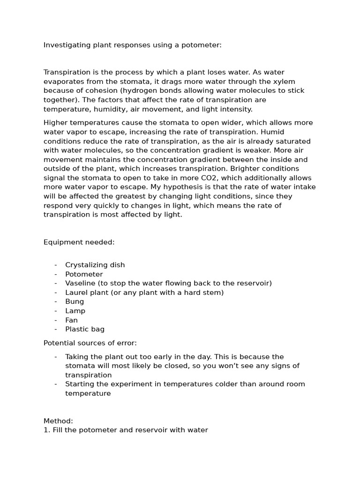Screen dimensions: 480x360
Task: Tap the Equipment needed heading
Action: (x=79, y=242)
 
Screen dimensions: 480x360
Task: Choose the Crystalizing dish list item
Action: (x=95, y=265)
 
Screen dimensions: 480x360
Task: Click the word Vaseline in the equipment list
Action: (x=81, y=283)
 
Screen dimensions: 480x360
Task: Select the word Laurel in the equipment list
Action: (x=76, y=292)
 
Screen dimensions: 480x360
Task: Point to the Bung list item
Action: (x=75, y=301)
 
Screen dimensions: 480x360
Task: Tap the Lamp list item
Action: (x=75, y=311)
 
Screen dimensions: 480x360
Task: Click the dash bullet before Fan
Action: (x=56, y=320)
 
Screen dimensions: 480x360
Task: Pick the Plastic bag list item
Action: (x=85, y=329)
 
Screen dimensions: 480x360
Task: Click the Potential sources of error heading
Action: (x=90, y=343)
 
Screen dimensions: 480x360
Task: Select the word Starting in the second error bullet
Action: (x=80, y=384)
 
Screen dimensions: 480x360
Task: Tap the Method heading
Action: (x=58, y=421)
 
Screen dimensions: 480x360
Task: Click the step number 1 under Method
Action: (x=45, y=430)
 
